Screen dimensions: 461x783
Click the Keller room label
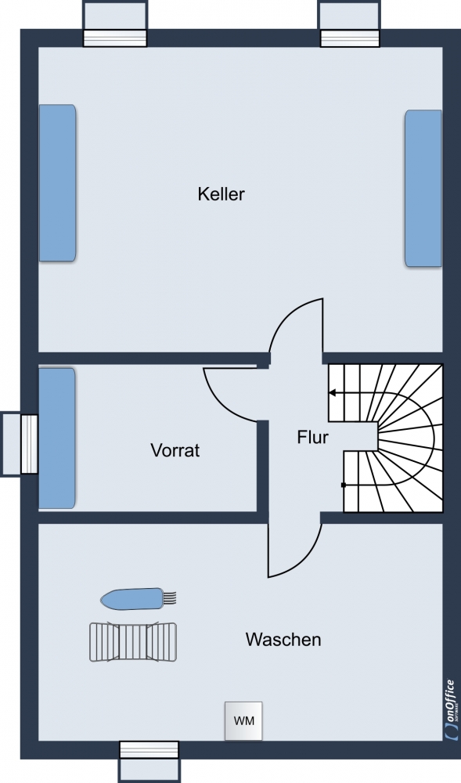[221, 193]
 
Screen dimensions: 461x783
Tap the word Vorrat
[175, 450]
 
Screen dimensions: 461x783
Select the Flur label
[313, 437]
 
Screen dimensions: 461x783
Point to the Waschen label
[283, 639]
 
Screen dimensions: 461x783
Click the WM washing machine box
[243, 720]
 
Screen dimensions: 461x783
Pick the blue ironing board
[139, 598]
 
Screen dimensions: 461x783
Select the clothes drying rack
[133, 642]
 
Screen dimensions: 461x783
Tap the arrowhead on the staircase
[333, 393]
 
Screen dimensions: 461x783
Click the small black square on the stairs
[344, 485]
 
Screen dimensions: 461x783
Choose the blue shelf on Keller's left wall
[57, 182]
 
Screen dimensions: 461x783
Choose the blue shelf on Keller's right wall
[423, 188]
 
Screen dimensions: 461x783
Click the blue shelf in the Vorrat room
[57, 438]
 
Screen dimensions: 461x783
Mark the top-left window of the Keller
[115, 24]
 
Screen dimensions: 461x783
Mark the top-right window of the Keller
[350, 24]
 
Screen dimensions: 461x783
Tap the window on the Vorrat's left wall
[20, 443]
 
